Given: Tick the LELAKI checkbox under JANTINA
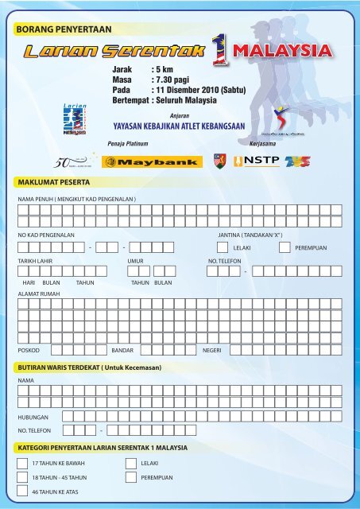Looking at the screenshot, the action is click(x=223, y=248).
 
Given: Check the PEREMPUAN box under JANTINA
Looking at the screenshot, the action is click(x=285, y=248).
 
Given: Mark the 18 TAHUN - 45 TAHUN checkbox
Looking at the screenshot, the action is click(x=22, y=477).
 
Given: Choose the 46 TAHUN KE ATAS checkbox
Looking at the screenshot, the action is click(x=22, y=493).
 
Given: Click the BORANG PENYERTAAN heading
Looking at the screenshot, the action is click(x=64, y=29).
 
